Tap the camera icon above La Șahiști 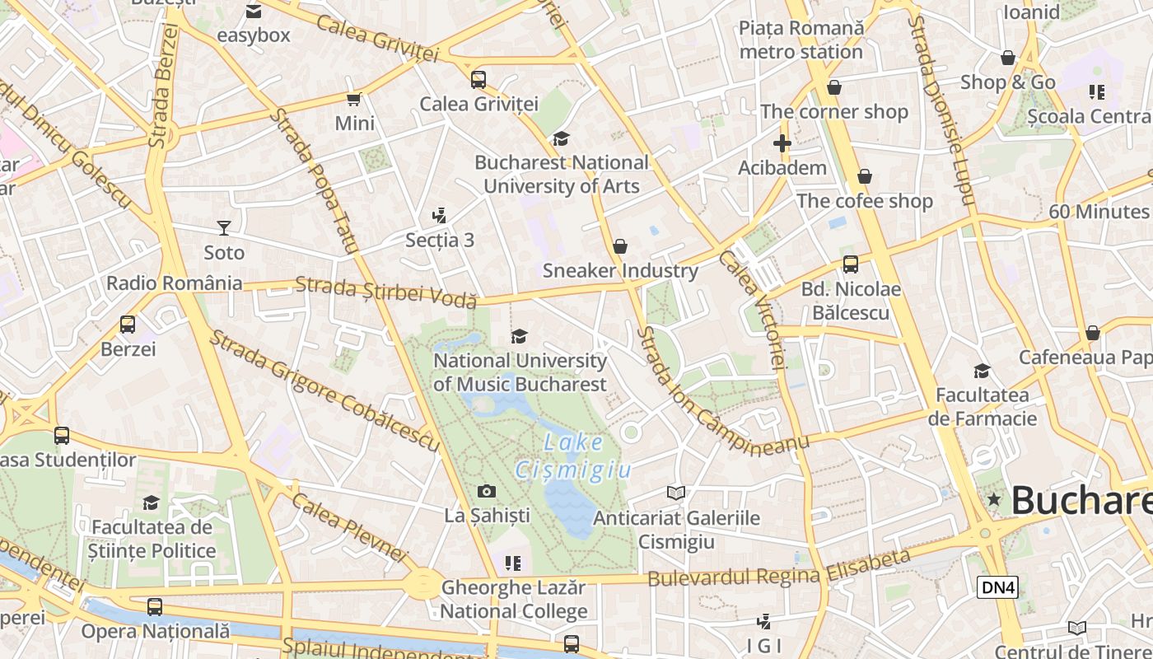[487, 492]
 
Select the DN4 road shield [997, 587]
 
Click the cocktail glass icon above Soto [223, 227]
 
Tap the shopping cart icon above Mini [354, 99]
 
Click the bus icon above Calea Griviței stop [478, 80]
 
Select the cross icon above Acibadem [782, 143]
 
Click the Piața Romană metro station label [801, 40]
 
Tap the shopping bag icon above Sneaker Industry [620, 246]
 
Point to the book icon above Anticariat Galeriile [676, 493]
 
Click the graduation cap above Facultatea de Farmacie [982, 371]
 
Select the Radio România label [175, 283]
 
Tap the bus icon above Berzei [128, 325]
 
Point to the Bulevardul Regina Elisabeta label [778, 568]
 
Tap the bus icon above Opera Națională [155, 607]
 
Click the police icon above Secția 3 [440, 216]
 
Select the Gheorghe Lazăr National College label [514, 600]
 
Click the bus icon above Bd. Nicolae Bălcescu [851, 264]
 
